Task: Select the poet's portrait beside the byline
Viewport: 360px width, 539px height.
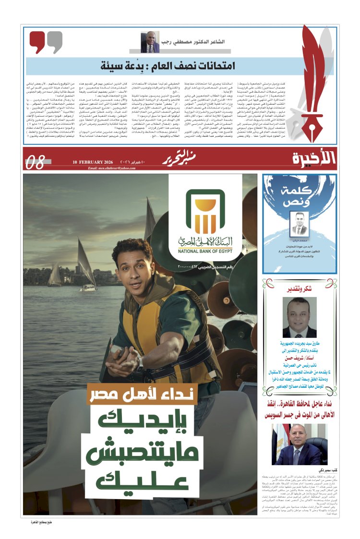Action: (x=150, y=42)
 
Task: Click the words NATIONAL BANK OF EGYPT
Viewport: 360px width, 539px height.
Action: (x=205, y=250)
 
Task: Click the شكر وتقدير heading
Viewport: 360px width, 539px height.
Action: (x=300, y=289)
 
